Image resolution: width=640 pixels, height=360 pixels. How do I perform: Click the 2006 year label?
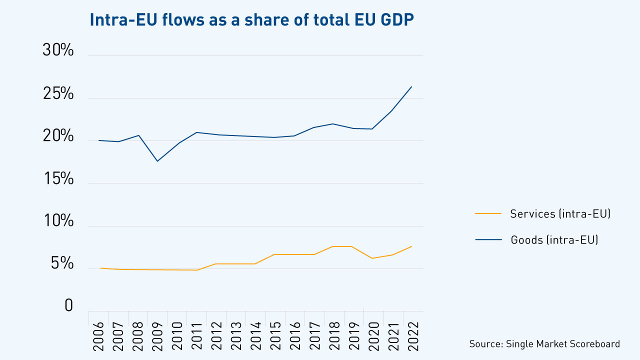pos(99,331)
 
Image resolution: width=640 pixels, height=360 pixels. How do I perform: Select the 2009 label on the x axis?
pos(158,331)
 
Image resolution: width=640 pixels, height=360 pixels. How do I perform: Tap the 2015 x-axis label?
pos(275,331)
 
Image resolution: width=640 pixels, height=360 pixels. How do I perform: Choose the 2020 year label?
pos(373,331)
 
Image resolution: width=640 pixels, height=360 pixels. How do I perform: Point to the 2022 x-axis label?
pos(412,331)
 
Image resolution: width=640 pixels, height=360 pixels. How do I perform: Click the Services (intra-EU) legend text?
pos(560,214)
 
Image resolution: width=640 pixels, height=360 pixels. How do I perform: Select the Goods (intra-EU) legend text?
pos(554,240)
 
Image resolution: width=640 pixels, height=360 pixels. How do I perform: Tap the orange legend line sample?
pos(487,214)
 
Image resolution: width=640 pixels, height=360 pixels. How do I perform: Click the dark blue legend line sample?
pos(487,240)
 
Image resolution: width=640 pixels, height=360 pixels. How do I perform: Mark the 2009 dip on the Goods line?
pos(157,161)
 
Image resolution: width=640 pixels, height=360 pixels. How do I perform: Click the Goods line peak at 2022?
pos(411,87)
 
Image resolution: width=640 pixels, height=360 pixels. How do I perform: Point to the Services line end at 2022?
pos(411,246)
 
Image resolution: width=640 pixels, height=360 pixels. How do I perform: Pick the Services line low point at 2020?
pos(372,258)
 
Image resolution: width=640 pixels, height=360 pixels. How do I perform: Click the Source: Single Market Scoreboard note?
pos(544,344)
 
